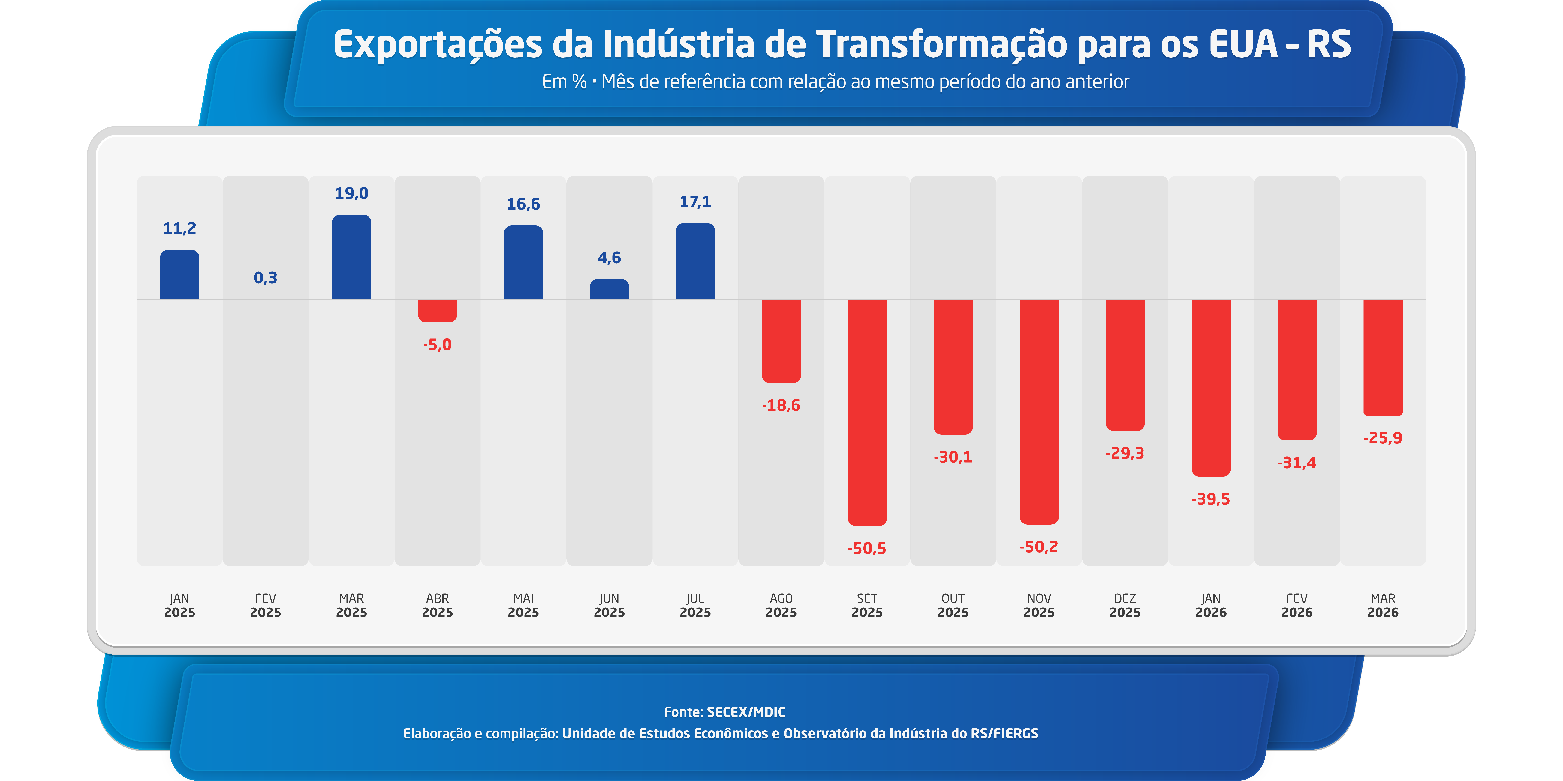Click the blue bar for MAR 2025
(x=351, y=257)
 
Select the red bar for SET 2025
(x=867, y=412)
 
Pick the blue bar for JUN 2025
(x=609, y=289)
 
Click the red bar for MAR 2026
(x=1383, y=358)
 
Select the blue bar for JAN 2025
(x=180, y=275)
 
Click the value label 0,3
(x=265, y=278)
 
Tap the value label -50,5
(x=867, y=548)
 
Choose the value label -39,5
(x=1210, y=499)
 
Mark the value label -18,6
(x=781, y=405)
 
